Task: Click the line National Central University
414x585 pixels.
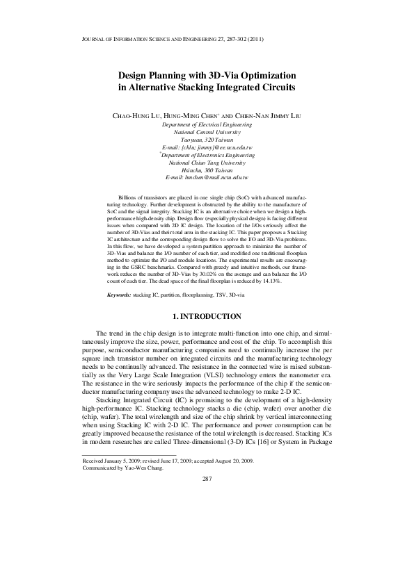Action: click(x=207, y=132)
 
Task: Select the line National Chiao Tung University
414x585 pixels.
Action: click(x=207, y=163)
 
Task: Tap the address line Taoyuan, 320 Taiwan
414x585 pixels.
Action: click(x=207, y=140)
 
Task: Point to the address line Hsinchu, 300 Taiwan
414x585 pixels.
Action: click(x=207, y=170)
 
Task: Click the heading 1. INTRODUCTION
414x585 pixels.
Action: click(x=207, y=317)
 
